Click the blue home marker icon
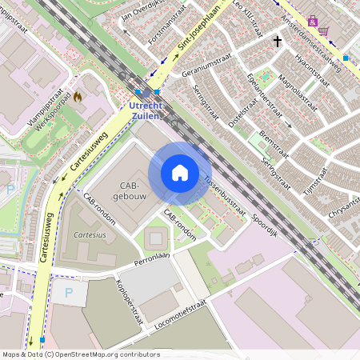pos(180,173)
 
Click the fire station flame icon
pos(78,97)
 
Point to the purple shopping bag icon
pos(312,22)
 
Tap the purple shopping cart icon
pos(324,31)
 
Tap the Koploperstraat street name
pos(129,298)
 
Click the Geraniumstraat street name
pos(207,66)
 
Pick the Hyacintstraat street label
pos(311,69)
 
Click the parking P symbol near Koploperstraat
pos(68,293)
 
